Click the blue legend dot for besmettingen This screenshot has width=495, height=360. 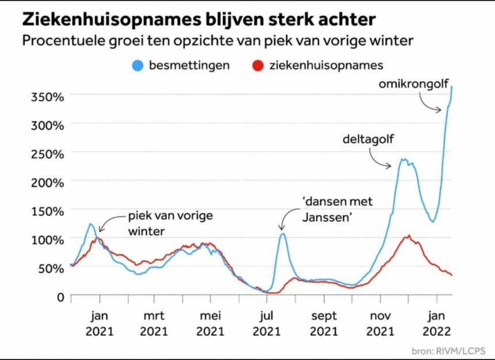[137, 65]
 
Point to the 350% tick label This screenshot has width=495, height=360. [47, 96]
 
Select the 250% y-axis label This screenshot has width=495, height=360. [47, 153]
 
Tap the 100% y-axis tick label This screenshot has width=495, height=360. [47, 238]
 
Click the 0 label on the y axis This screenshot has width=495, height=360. [60, 296]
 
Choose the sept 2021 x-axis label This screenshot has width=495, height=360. [324, 324]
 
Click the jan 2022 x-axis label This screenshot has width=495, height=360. [437, 324]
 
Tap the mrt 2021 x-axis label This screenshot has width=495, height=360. [154, 324]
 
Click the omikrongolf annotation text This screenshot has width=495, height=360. [413, 85]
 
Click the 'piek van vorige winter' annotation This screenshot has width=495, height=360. [162, 222]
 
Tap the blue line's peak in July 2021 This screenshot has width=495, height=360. [283, 233]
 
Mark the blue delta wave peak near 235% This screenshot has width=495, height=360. [403, 160]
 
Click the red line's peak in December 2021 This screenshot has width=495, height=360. [408, 236]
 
